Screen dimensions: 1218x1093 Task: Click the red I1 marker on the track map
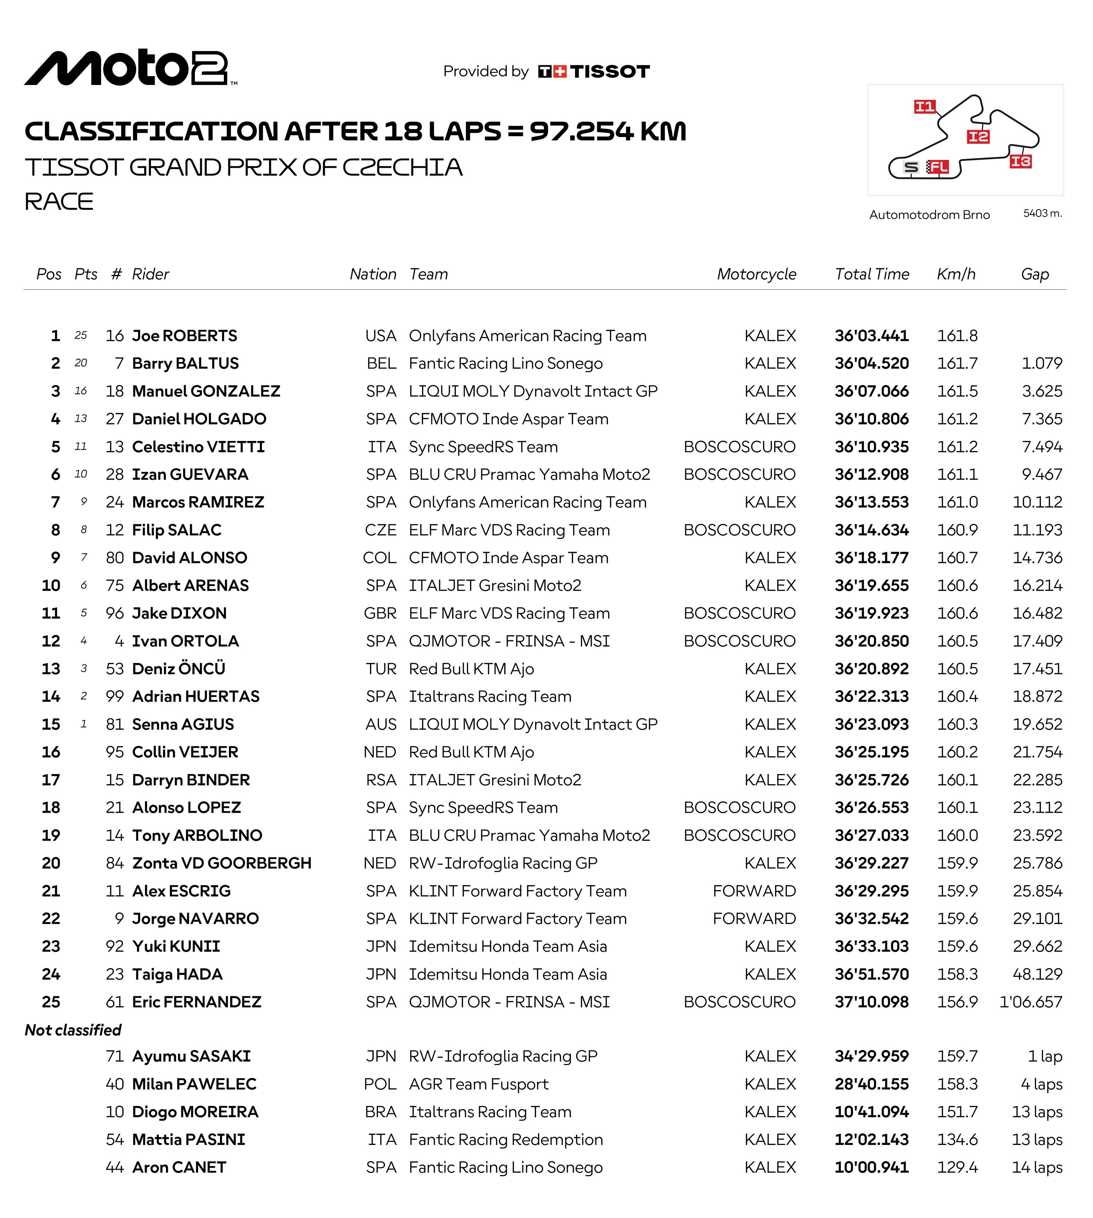924,107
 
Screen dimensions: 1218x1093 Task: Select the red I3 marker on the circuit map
1020,161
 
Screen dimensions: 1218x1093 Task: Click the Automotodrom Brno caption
929,215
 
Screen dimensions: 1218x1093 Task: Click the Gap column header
1035,274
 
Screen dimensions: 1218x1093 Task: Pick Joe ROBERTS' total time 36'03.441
871,336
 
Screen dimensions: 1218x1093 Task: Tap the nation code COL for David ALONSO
379,558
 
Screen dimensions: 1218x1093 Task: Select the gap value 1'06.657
1031,1002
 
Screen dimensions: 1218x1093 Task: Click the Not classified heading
73,1030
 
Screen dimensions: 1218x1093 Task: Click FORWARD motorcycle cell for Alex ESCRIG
754,891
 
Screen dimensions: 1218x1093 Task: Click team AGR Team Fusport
479,1084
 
